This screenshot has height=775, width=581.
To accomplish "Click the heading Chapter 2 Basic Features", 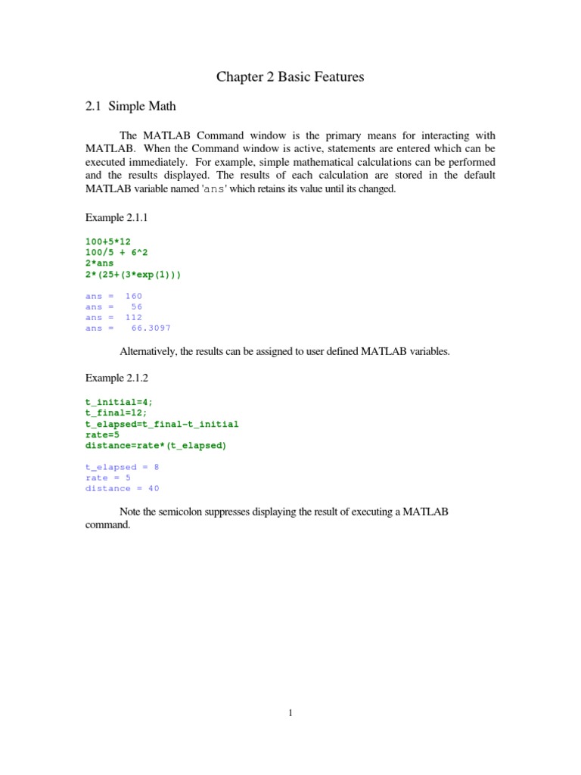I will (290, 76).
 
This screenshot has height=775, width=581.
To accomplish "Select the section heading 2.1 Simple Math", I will (130, 107).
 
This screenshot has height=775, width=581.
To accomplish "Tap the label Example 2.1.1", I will (116, 218).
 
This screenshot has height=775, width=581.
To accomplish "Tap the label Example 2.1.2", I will (116, 377).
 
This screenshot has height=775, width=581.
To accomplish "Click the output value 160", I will (133, 296).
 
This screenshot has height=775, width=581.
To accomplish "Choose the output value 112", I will (133, 318).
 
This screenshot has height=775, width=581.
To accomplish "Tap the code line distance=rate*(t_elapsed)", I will (155, 446).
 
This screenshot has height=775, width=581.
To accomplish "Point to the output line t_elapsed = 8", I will (122, 467).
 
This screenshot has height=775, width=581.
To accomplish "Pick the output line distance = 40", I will (122, 489).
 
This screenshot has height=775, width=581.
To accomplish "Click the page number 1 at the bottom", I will (290, 712).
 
